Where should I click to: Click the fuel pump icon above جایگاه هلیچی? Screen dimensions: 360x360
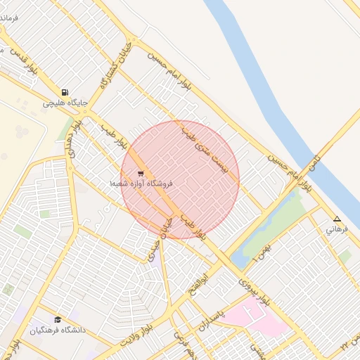65,92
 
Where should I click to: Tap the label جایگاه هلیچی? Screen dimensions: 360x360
65,103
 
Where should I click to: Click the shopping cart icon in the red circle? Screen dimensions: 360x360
141,173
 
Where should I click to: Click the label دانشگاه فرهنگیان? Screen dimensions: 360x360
58,330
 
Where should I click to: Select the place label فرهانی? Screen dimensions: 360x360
337,229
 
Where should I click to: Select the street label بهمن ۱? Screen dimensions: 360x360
260,250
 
